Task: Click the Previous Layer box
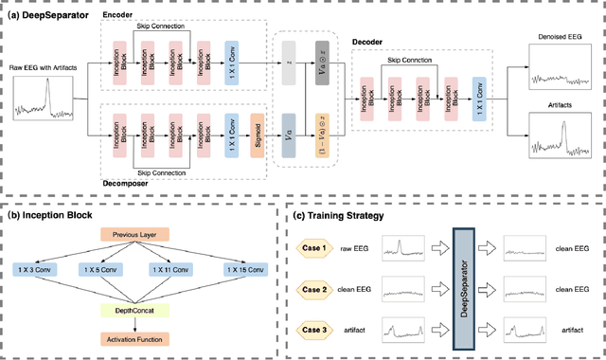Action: pos(135,234)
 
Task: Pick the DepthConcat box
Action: pos(135,308)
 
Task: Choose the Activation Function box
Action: pos(135,338)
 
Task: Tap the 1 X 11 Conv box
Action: pos(168,270)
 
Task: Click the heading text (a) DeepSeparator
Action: pos(44,14)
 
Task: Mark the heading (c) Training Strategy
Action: pos(339,216)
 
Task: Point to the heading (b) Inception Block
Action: pos(45,216)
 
